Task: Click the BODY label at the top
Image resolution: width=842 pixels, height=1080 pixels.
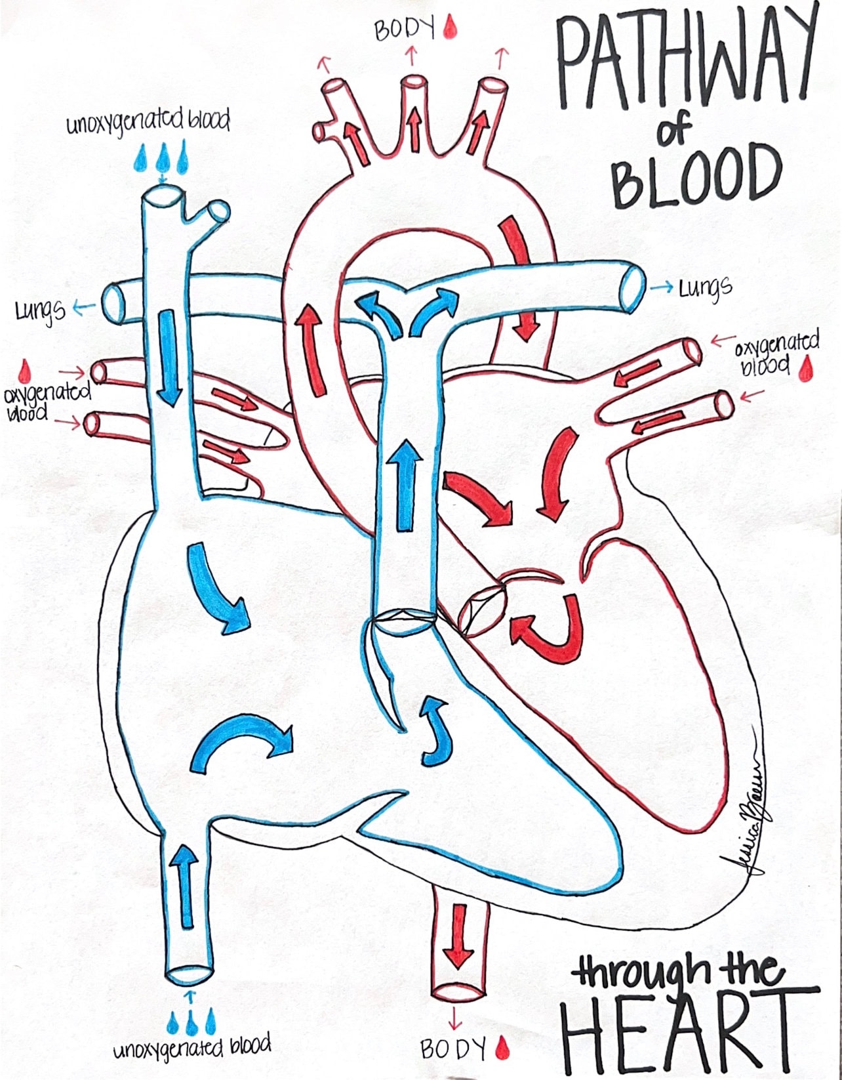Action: (405, 30)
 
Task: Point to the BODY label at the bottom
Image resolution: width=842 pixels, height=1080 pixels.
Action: (453, 1049)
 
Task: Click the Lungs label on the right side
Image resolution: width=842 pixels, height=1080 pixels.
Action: (705, 287)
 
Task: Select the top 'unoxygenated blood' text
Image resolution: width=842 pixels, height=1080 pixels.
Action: (148, 122)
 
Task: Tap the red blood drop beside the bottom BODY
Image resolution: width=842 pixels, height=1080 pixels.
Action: (502, 1048)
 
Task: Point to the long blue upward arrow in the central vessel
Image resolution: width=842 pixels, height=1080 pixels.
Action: (407, 485)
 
